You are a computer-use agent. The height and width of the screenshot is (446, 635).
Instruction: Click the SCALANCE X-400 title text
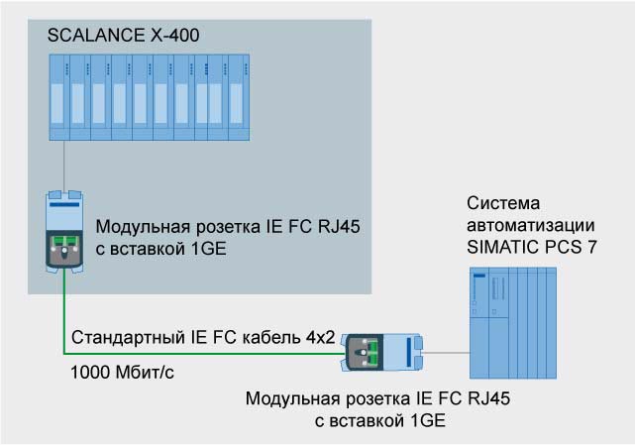tap(123, 36)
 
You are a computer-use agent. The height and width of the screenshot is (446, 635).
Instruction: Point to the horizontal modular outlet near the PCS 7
tap(382, 351)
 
